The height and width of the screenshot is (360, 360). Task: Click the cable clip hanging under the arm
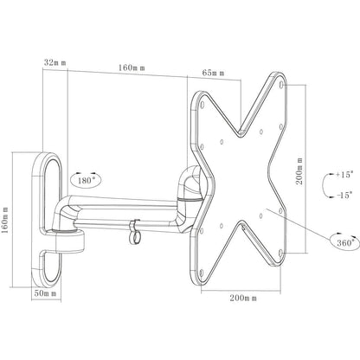point(133,233)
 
